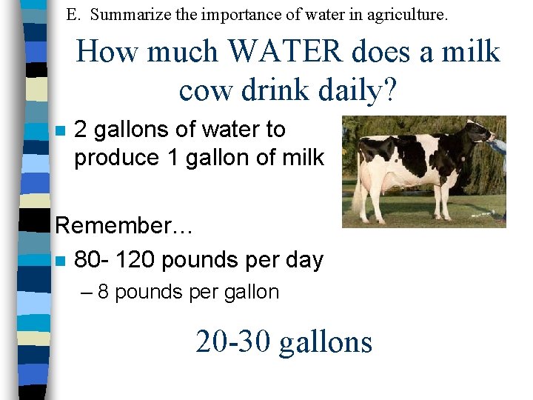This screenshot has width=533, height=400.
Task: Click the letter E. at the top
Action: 73,13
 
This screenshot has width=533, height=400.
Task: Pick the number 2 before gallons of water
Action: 81,130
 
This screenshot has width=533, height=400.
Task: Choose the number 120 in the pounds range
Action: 135,260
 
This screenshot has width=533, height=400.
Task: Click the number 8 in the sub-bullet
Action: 103,292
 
